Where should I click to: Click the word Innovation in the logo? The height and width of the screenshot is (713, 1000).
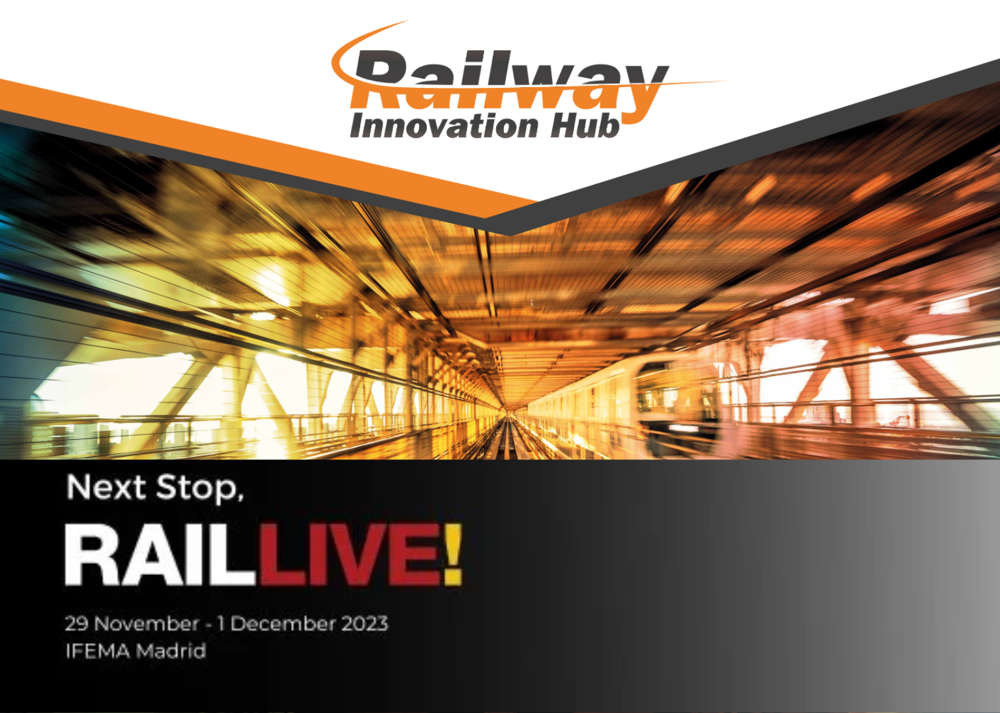pyautogui.click(x=445, y=125)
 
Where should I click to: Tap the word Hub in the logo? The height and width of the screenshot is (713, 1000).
pyautogui.click(x=585, y=125)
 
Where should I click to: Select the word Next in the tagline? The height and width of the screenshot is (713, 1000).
pyautogui.click(x=106, y=487)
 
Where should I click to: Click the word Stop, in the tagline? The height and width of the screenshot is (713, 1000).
pyautogui.click(x=200, y=489)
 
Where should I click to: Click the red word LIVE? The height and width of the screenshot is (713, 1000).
pyautogui.click(x=350, y=554)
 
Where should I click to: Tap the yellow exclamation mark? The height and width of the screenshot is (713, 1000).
pyautogui.click(x=453, y=554)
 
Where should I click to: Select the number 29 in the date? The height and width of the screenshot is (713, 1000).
pyautogui.click(x=76, y=624)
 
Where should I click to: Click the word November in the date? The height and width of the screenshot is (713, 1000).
pyautogui.click(x=146, y=624)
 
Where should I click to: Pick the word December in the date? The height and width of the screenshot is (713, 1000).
pyautogui.click(x=282, y=624)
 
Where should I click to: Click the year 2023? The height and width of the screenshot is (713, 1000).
pyautogui.click(x=365, y=624)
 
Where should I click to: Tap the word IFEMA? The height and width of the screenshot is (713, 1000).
pyautogui.click(x=98, y=651)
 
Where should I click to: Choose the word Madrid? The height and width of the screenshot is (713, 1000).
pyautogui.click(x=171, y=651)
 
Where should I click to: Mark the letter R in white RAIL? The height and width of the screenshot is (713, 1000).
pyautogui.click(x=92, y=555)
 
